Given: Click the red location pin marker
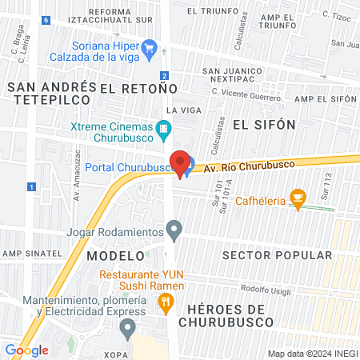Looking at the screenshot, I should (181, 163).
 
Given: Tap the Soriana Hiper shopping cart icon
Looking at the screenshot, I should (149, 51).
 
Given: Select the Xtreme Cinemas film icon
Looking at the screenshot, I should (163, 128).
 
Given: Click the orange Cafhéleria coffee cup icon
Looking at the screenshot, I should (298, 198).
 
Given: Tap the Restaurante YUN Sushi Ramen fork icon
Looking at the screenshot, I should (166, 302).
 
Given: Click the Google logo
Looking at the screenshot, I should (26, 350).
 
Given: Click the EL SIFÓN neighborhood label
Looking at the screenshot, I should (264, 125).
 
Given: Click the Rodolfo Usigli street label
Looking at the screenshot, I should (267, 290).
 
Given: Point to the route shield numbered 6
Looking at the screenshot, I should (46, 20).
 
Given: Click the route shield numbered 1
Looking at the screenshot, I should (31, 186).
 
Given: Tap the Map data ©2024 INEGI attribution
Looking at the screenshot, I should (310, 353).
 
